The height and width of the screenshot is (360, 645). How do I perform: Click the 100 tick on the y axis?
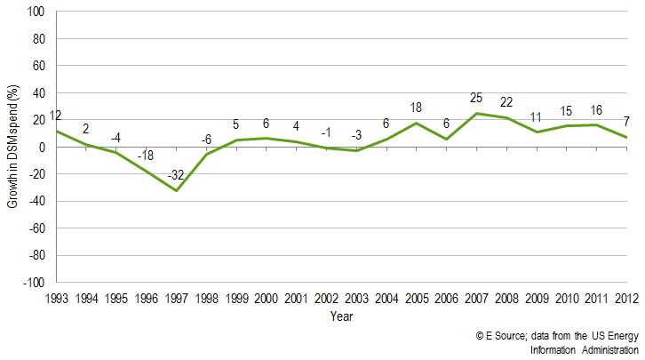(37, 12)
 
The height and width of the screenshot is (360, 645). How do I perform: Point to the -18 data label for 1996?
(146, 156)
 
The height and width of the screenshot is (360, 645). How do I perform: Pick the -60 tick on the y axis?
(37, 228)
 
